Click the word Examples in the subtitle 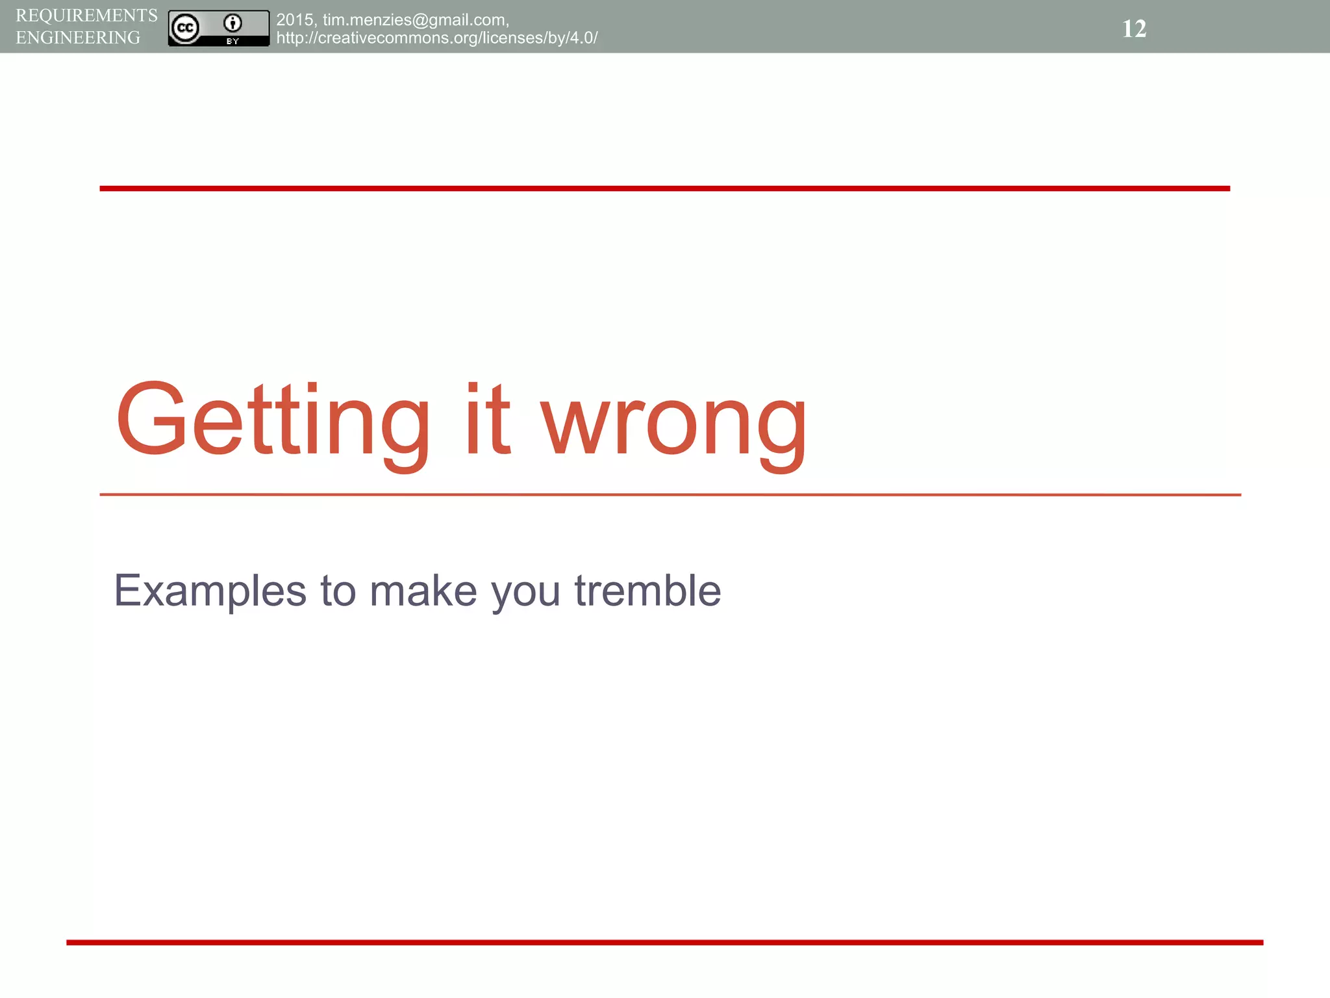click(x=210, y=591)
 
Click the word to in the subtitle click(x=338, y=591)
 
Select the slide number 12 click(x=1134, y=29)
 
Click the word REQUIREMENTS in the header click(x=86, y=16)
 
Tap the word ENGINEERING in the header click(x=78, y=38)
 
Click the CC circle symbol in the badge click(x=185, y=28)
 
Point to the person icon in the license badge click(x=232, y=23)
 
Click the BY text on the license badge click(x=232, y=41)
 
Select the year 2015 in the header click(x=295, y=20)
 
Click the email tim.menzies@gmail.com click(x=415, y=20)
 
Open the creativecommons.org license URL click(x=436, y=38)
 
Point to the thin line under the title click(x=670, y=494)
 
